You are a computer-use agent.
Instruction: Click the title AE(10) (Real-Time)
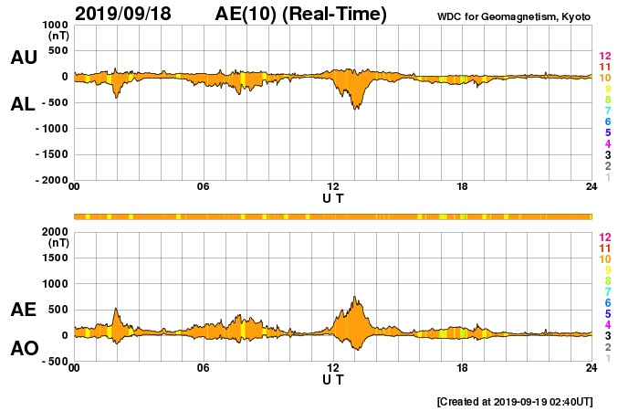tap(301, 14)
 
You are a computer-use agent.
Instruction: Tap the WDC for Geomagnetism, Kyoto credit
tap(515, 16)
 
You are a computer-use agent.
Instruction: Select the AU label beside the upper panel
tap(24, 58)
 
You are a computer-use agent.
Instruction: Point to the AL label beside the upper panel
tap(24, 104)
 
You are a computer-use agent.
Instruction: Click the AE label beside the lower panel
tap(24, 310)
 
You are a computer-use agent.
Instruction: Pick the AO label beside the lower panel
tap(24, 349)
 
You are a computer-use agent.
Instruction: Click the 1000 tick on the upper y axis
tap(52, 25)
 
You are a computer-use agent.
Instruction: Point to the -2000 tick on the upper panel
tap(49, 181)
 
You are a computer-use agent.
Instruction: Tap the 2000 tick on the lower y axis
tap(52, 231)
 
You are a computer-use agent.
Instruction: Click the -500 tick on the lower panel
tap(52, 361)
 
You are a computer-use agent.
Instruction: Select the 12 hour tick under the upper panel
tap(333, 187)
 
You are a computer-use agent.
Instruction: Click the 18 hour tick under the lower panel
tap(463, 368)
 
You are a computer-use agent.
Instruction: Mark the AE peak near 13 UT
tap(355, 297)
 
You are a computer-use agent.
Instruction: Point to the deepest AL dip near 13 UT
tap(355, 109)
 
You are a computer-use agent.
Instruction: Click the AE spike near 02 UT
tap(116, 309)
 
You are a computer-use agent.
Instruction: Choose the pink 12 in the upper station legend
tap(604, 57)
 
